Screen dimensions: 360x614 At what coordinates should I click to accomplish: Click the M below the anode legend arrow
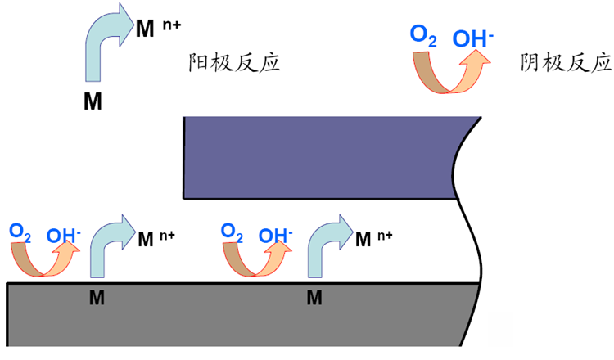pyautogui.click(x=93, y=101)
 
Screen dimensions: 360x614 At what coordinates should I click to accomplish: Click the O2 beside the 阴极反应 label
pyautogui.click(x=423, y=35)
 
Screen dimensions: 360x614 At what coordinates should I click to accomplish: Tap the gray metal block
pyautogui.click(x=237, y=319)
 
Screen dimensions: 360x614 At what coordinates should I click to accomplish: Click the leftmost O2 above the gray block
pyautogui.click(x=20, y=232)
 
